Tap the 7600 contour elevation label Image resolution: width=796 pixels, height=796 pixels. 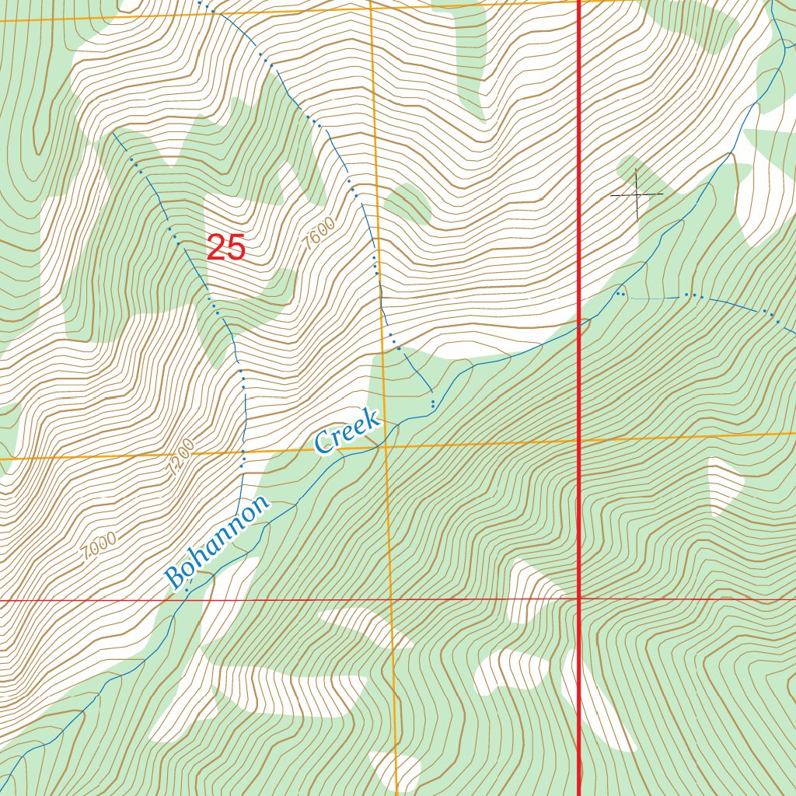[319, 234]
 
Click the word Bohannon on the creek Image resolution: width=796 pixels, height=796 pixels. [217, 542]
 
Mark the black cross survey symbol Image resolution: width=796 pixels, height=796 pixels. [637, 194]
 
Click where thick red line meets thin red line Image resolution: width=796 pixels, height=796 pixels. [580, 600]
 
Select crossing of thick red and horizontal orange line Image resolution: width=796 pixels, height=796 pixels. [580, 441]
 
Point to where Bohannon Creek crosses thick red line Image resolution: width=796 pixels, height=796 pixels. [580, 326]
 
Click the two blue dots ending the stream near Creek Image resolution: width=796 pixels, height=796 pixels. [432, 403]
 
